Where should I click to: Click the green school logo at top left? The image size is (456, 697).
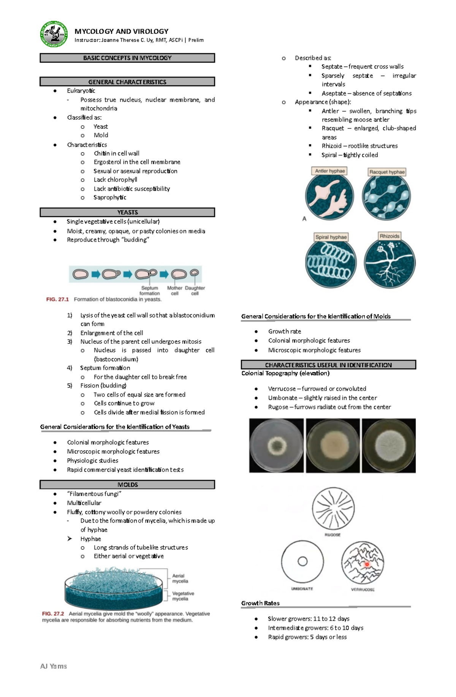(x=54, y=34)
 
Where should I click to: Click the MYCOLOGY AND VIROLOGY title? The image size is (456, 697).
(x=121, y=32)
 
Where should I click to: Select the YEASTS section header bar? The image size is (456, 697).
(x=127, y=212)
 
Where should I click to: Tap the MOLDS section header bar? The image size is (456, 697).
(x=127, y=485)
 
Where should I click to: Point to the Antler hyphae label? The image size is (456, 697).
(x=330, y=171)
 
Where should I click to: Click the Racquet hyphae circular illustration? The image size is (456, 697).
(x=386, y=196)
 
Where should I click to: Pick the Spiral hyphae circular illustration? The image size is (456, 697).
(x=331, y=262)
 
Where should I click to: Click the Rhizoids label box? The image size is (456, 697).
(x=389, y=236)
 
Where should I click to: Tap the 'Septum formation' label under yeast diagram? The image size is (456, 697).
(x=150, y=291)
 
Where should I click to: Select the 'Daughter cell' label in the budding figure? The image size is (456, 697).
(x=195, y=291)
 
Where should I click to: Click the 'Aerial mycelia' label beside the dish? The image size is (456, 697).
(x=180, y=578)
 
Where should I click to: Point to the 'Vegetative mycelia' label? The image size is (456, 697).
(x=183, y=596)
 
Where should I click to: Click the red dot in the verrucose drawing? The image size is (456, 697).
(x=367, y=564)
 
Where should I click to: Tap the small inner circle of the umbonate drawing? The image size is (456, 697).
(x=302, y=561)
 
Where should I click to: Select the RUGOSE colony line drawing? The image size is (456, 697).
(x=333, y=509)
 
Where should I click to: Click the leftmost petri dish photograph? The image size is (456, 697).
(x=276, y=446)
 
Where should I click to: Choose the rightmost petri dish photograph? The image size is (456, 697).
(x=388, y=446)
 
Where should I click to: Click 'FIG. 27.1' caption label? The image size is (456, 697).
(x=57, y=299)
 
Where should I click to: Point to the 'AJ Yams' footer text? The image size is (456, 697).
(x=54, y=666)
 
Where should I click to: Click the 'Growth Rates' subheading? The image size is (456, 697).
(x=260, y=603)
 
